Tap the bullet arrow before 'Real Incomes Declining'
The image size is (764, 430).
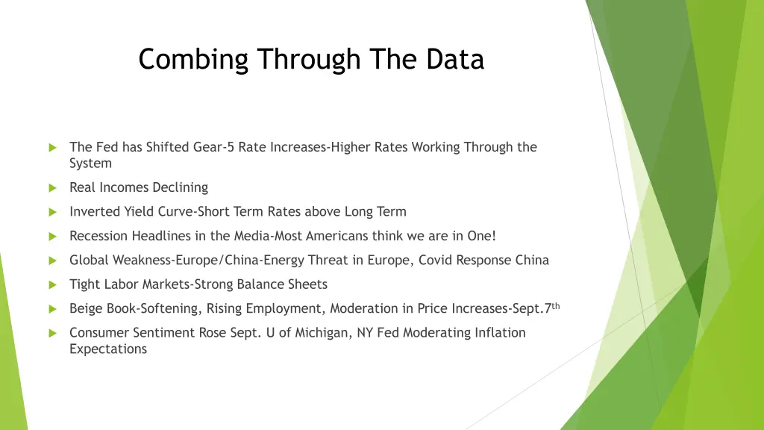click(x=51, y=188)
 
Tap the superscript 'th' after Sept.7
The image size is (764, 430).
click(x=556, y=305)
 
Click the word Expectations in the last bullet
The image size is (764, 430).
click(x=108, y=349)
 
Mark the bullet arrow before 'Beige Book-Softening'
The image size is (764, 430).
click(x=51, y=308)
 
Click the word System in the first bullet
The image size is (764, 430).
click(x=90, y=163)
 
